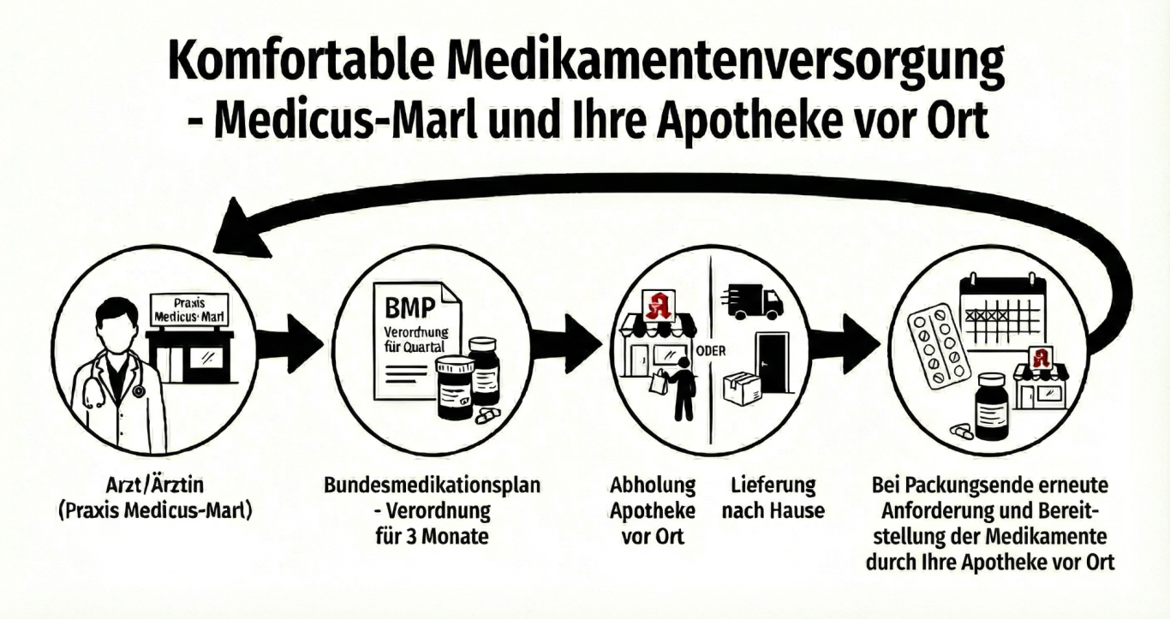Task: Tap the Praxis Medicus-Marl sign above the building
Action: coord(188,310)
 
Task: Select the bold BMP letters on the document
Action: coord(409,306)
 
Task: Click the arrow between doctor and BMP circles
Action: coord(290,343)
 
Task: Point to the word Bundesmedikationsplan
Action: coord(432,485)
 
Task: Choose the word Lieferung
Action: coord(773,485)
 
